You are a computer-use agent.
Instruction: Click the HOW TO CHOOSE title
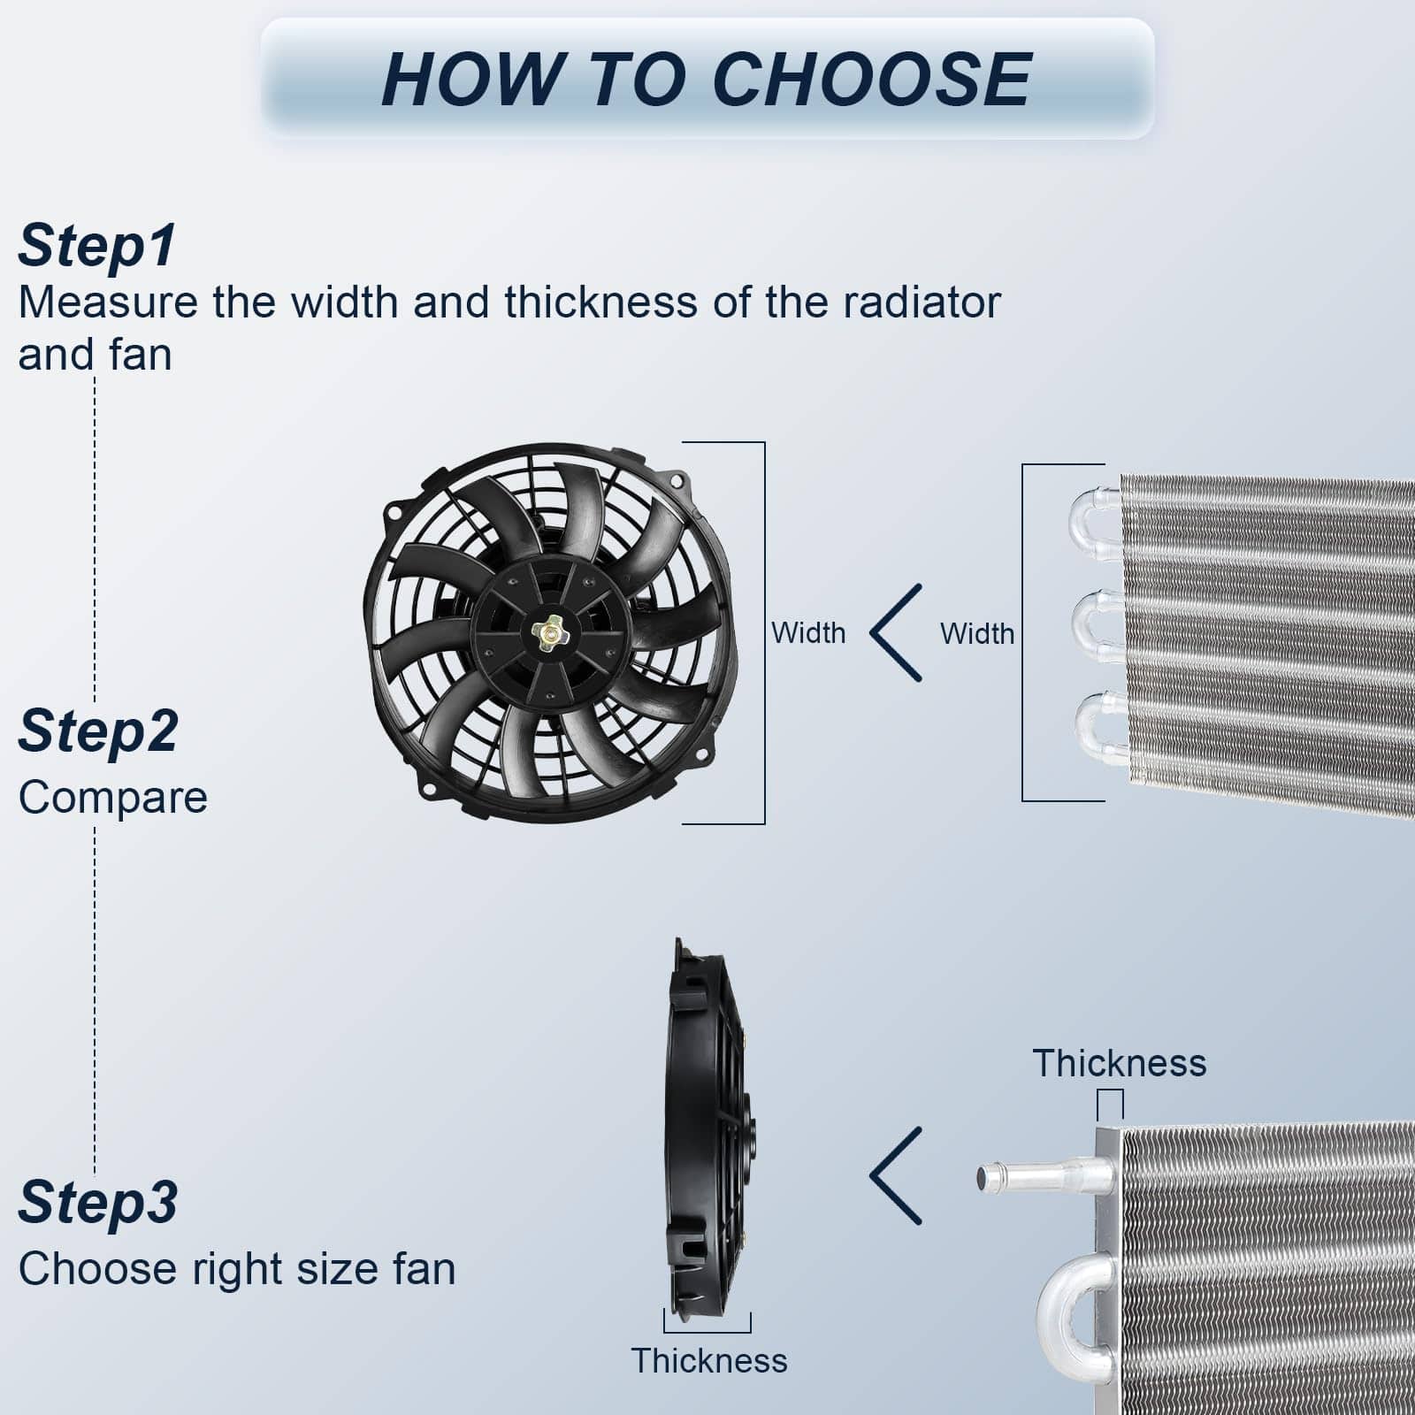click(x=707, y=80)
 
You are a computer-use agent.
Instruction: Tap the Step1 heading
click(x=97, y=245)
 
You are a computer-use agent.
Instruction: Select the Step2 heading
click(x=98, y=731)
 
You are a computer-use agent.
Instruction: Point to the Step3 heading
click(x=98, y=1203)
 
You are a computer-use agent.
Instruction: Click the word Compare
click(x=113, y=798)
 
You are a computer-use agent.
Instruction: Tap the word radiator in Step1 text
click(x=922, y=302)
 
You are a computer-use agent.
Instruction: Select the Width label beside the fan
click(x=808, y=633)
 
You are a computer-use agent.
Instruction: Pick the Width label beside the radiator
click(x=977, y=634)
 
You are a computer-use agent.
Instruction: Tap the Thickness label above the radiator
click(x=1120, y=1063)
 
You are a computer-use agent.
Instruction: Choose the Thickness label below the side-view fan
click(x=709, y=1360)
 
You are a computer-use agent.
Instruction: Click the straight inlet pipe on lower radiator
click(x=1044, y=1177)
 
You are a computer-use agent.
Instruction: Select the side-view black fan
click(x=710, y=1128)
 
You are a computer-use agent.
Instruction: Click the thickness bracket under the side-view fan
click(x=707, y=1331)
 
